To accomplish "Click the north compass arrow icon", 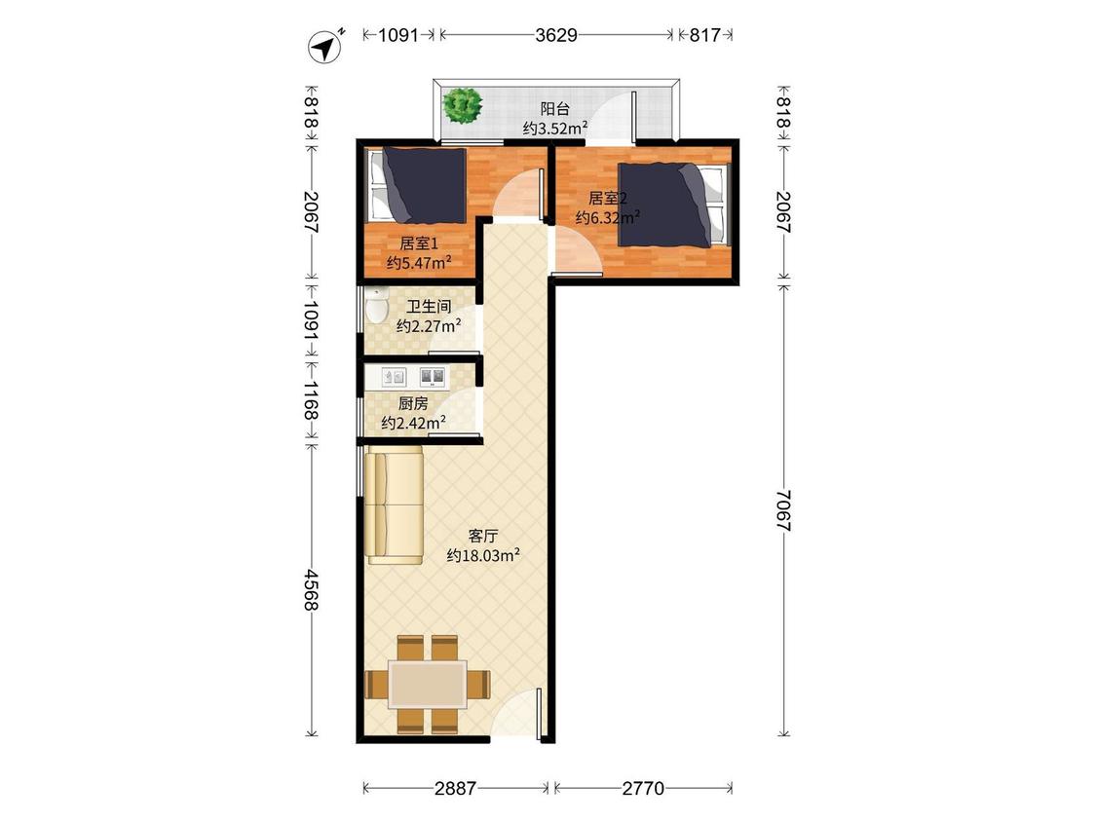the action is (325, 48).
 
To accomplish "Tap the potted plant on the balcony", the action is (463, 106).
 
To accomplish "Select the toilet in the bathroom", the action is (377, 306).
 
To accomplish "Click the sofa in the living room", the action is (395, 506).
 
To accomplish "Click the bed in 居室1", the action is (417, 185).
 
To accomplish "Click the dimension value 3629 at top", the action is (556, 35).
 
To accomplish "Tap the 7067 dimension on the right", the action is (783, 511).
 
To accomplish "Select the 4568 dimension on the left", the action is (312, 588).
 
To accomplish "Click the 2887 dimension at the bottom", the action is (455, 789).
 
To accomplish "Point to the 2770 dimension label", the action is (642, 789).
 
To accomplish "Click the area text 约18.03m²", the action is (483, 556).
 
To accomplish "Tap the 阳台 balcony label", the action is (555, 108).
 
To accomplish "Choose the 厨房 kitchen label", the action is (413, 403).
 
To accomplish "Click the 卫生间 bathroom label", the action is (429, 306).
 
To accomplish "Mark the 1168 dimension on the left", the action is (312, 400).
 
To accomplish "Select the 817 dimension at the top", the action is (704, 35).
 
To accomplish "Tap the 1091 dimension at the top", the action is (398, 35).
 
